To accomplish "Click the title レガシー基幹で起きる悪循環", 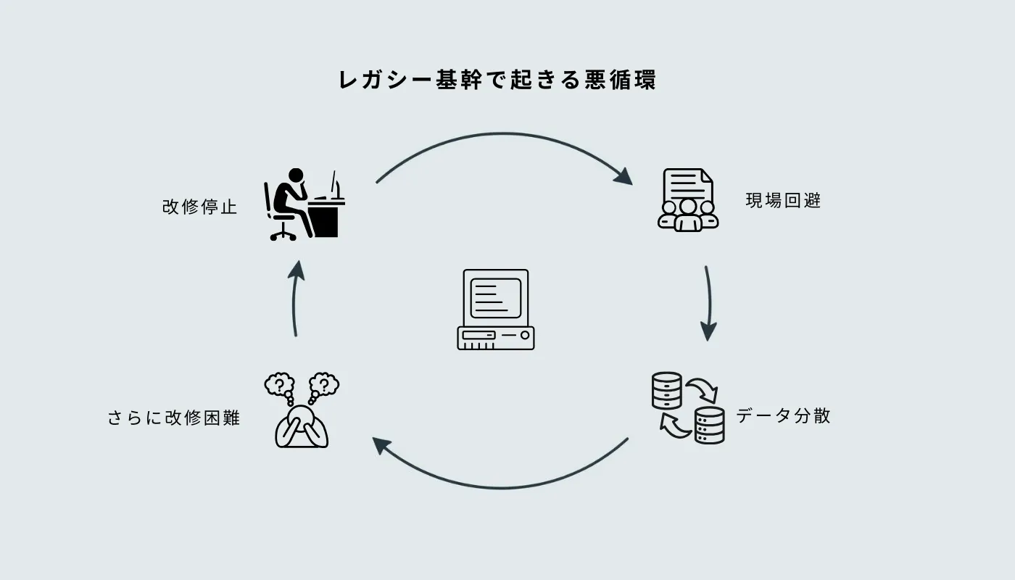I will click(x=497, y=80).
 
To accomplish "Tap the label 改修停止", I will click(x=200, y=207).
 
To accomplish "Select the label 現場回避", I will click(x=783, y=201).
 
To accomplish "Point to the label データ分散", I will click(x=783, y=416).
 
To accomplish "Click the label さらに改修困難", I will click(x=174, y=418).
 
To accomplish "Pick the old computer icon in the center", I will click(x=496, y=310).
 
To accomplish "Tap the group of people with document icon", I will click(x=688, y=201).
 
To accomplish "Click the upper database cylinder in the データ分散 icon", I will click(x=667, y=390).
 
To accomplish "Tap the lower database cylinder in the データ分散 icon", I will click(x=709, y=425).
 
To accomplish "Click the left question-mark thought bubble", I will click(x=280, y=384).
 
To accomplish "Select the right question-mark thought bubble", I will click(x=324, y=384).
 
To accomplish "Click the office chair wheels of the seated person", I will click(x=283, y=234).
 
